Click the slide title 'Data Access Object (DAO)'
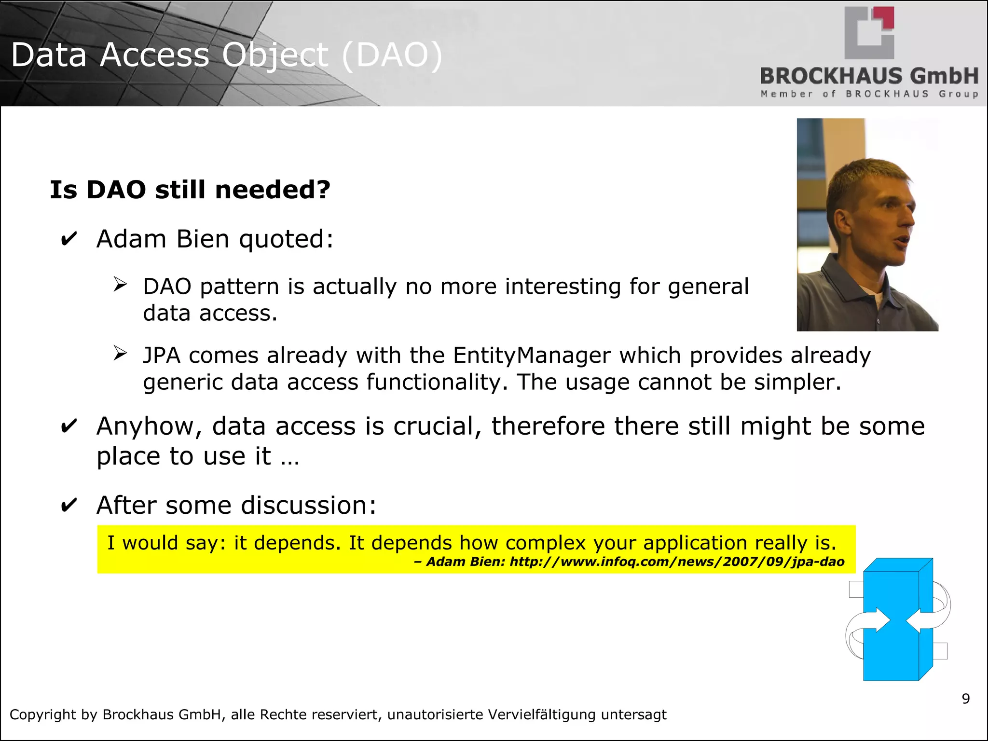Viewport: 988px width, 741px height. point(226,55)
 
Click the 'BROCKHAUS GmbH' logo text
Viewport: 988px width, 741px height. point(869,76)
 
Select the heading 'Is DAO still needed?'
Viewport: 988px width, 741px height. point(190,190)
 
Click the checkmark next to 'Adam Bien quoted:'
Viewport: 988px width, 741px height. point(69,239)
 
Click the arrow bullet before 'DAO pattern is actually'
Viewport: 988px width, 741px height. point(120,284)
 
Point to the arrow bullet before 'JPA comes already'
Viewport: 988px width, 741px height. point(120,353)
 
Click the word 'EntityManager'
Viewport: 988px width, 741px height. point(532,356)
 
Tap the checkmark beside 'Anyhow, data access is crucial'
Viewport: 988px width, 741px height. point(69,426)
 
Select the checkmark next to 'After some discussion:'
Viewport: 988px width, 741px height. point(69,505)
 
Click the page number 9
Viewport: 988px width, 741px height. point(965,699)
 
